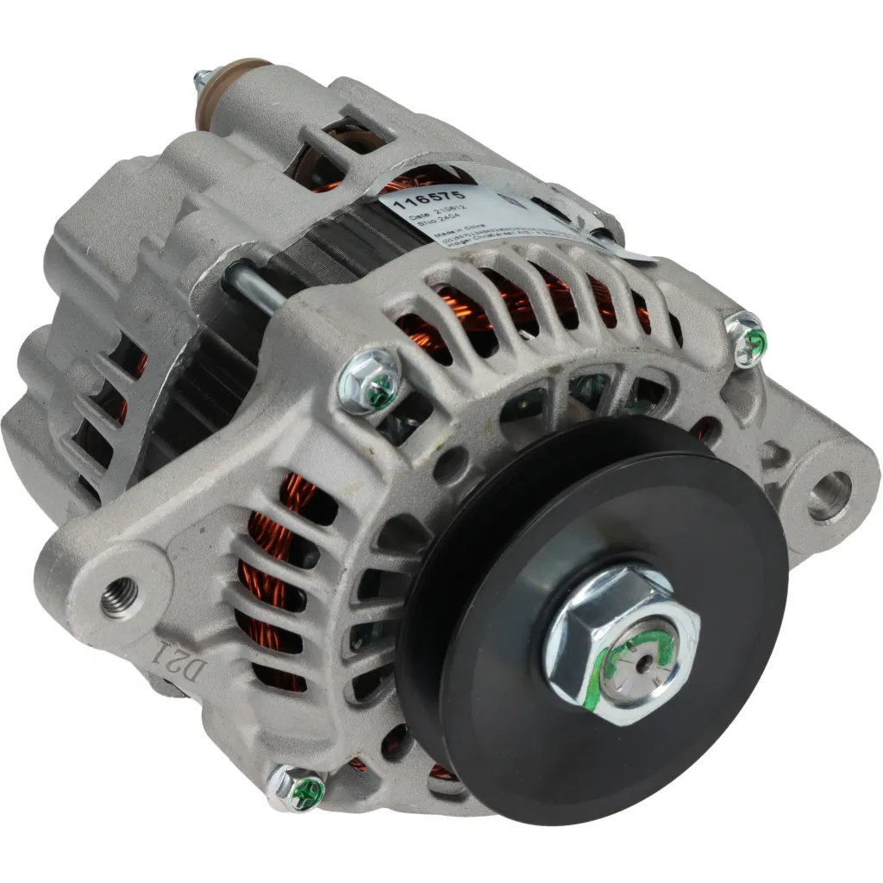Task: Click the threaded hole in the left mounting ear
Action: tap(117, 596)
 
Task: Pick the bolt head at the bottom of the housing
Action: tap(297, 786)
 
